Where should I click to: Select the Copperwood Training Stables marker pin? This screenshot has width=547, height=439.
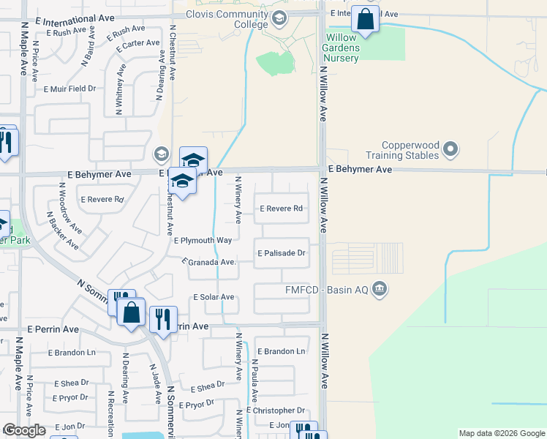[451, 151]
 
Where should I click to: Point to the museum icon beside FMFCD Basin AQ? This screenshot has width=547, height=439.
[379, 289]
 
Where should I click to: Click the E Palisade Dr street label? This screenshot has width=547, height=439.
[281, 253]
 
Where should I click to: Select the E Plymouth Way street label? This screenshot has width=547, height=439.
[203, 240]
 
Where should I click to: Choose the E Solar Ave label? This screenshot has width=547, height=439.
[213, 297]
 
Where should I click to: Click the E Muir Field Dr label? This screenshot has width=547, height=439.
[69, 89]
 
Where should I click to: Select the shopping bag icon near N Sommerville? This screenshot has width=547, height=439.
[132, 313]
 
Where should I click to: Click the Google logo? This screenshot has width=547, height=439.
[24, 430]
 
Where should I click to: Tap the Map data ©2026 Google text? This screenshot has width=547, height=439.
[501, 433]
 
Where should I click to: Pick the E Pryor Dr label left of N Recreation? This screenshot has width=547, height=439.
[69, 398]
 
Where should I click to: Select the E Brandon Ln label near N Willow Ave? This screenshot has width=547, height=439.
[280, 352]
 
